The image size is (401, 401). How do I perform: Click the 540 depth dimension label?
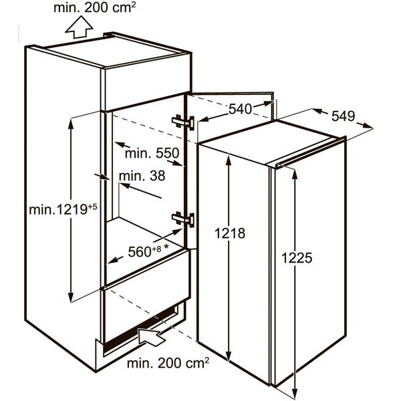point(240,109)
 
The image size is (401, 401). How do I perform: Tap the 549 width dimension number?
point(344,116)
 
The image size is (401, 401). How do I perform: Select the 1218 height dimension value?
point(230,233)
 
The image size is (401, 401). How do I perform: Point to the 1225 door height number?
point(297,258)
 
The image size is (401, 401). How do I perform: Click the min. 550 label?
point(152,154)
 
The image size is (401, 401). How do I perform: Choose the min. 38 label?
point(142,176)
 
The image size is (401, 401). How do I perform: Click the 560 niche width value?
point(140,252)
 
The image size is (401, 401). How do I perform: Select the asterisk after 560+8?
point(166,247)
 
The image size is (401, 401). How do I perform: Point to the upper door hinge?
point(183,122)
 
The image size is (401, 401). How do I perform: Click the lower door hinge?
point(183,219)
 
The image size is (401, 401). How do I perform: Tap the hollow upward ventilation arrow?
point(79,27)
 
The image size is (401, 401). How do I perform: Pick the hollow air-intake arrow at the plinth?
point(152,336)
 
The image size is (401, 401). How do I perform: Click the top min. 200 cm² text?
point(94,7)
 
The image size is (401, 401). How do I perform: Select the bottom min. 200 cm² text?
point(168,363)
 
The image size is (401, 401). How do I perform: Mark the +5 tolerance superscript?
point(93,207)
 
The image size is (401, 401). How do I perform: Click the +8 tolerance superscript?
point(157,249)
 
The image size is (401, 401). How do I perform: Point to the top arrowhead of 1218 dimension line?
point(229,159)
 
